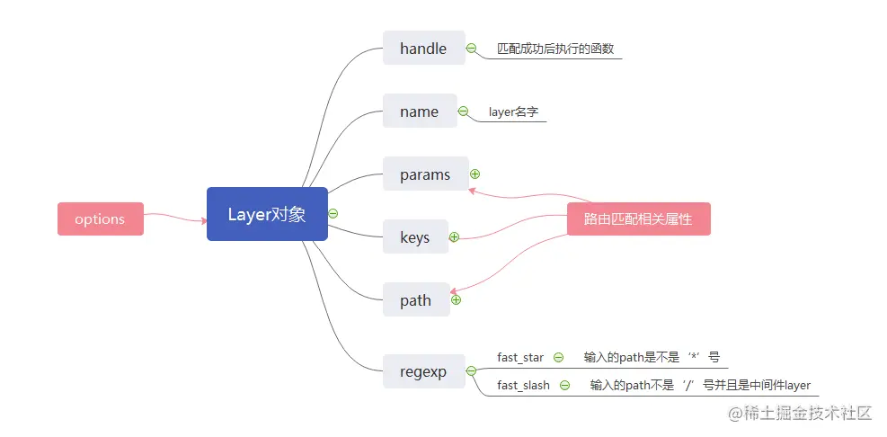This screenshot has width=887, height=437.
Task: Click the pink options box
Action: click(100, 219)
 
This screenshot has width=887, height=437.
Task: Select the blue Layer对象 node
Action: click(267, 214)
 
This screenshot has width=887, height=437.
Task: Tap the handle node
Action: click(423, 49)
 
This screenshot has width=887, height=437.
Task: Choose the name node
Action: click(419, 111)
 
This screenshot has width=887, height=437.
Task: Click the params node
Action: click(425, 174)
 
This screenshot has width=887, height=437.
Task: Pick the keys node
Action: click(414, 237)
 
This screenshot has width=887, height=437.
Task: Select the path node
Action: click(415, 300)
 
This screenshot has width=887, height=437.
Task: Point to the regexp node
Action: click(422, 371)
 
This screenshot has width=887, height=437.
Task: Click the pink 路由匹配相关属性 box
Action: click(638, 218)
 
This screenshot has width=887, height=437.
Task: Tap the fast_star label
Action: click(520, 357)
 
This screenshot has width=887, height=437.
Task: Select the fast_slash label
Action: click(523, 385)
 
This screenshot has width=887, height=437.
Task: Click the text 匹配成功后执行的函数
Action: click(555, 49)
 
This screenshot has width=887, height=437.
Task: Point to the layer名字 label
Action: click(513, 111)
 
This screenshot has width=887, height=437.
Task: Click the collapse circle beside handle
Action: click(471, 49)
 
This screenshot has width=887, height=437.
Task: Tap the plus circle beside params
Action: click(475, 174)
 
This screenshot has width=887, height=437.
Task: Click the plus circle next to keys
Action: click(454, 237)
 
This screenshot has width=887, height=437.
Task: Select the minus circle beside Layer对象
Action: click(333, 213)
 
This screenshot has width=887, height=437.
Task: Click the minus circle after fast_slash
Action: click(564, 385)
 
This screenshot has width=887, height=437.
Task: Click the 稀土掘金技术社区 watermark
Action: click(801, 413)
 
